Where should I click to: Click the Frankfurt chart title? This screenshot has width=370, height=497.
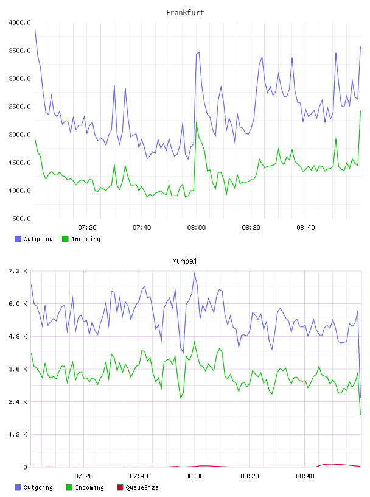[x=185, y=13]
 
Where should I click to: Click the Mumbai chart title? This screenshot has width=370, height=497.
[x=184, y=261]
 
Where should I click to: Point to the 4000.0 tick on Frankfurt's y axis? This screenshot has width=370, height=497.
[x=20, y=23]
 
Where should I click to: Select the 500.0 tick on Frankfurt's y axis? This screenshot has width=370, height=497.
[x=21, y=219]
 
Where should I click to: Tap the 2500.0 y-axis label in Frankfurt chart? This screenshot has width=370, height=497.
[x=20, y=107]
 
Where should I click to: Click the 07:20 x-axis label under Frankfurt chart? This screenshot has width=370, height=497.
[x=87, y=228]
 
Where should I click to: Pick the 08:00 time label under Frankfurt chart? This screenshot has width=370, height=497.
[x=197, y=228]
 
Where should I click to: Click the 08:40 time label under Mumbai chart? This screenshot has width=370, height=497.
[x=305, y=476]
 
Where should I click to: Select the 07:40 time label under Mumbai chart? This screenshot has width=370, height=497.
[x=139, y=476]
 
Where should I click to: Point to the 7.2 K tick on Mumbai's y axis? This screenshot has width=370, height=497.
[x=18, y=271]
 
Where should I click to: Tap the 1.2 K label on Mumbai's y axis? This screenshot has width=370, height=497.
[x=18, y=434]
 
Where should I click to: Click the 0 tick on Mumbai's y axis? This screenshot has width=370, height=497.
[x=25, y=467]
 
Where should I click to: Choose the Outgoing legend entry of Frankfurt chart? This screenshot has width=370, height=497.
[x=33, y=239]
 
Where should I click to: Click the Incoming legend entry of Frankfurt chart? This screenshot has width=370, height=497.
[x=81, y=239]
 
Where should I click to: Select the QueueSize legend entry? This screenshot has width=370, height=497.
[x=138, y=487]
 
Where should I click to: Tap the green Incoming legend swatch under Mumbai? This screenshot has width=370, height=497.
[x=69, y=487]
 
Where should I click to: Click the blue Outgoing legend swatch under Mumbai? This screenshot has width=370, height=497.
[x=18, y=487]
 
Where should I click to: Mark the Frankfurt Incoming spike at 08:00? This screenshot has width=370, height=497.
[x=197, y=122]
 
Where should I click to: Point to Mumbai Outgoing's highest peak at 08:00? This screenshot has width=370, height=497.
[x=194, y=272]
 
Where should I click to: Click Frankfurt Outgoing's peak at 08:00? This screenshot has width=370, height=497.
[x=198, y=52]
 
